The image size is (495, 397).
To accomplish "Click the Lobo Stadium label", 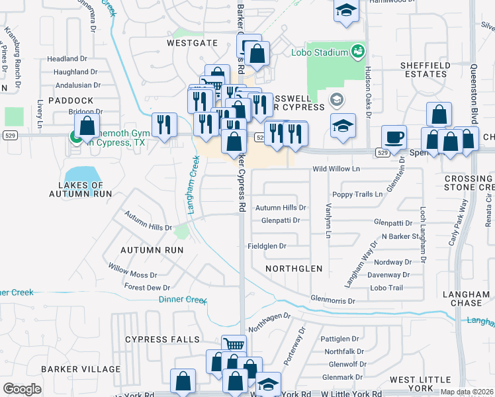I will pos(320,52).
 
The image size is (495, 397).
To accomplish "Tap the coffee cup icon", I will pos(394,137).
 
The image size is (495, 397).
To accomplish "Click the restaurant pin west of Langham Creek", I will pos(164,124).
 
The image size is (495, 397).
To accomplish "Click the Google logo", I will pos(22,388).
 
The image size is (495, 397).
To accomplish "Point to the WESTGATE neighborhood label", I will pos(191,42).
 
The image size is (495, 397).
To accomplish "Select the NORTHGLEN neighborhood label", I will pos(293,269).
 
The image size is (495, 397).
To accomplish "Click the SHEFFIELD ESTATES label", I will pos(424,69).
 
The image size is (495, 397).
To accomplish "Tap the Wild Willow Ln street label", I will pos(336,169).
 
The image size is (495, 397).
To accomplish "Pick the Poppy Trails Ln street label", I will pos(357,195).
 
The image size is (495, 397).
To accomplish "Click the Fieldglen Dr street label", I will pos(266,245).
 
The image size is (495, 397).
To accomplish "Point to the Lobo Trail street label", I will pos(386,288).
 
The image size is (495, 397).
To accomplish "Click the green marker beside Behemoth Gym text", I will pos(75,138).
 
